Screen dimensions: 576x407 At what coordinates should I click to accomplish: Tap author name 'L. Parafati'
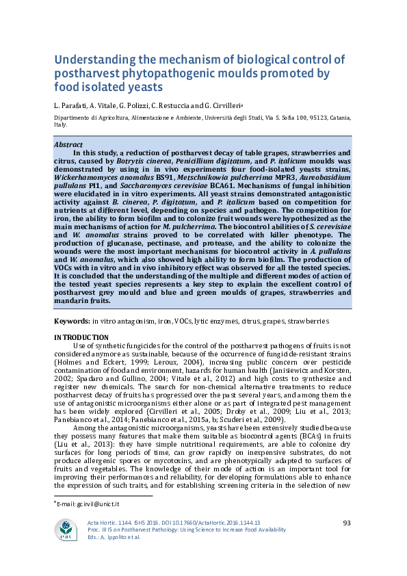[71, 105]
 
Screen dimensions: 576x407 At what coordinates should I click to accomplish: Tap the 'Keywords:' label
[71, 321]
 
